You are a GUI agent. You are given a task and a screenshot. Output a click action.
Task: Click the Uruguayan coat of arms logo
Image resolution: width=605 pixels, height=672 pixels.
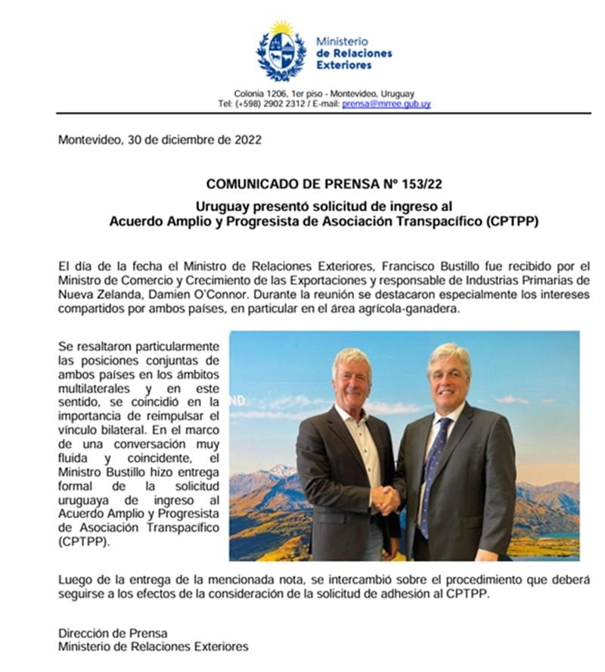coord(281,51)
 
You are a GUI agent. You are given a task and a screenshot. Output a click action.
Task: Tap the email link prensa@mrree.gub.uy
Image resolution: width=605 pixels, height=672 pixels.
coord(386,104)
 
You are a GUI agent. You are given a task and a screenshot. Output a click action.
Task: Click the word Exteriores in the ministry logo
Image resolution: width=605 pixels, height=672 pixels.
coord(344,65)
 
